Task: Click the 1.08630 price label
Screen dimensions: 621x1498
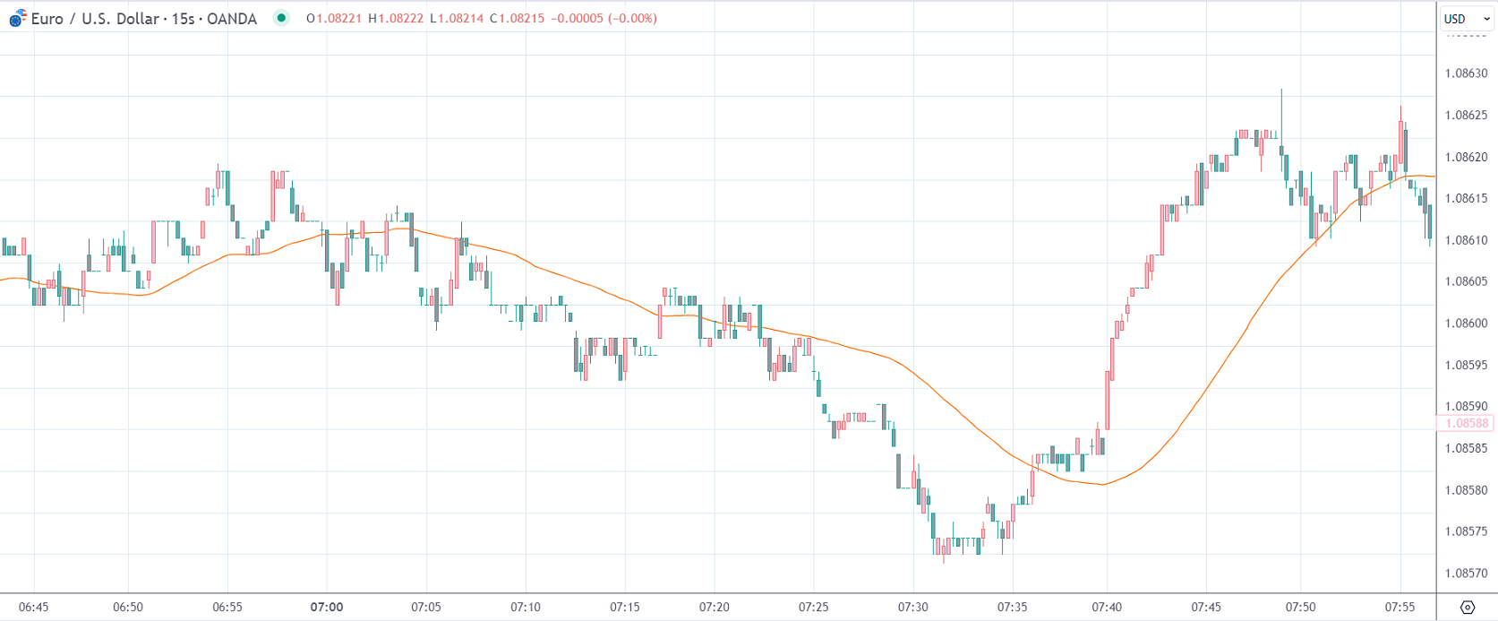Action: click(1466, 73)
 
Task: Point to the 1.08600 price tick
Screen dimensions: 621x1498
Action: click(1466, 323)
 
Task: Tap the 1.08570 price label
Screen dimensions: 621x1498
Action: click(1466, 574)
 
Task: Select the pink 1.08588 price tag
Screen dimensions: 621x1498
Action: click(1467, 424)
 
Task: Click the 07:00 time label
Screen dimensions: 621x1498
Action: click(327, 608)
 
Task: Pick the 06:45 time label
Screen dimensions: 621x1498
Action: click(33, 608)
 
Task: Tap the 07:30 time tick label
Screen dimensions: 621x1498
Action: click(913, 608)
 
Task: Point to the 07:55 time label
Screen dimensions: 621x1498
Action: click(1400, 608)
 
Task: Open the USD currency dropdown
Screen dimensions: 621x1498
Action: click(1466, 19)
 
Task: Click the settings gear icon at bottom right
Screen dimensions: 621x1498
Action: click(1467, 608)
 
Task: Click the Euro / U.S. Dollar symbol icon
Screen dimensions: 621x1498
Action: click(17, 18)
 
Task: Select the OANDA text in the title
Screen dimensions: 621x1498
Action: click(231, 19)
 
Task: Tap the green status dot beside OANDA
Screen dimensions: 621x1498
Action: click(281, 18)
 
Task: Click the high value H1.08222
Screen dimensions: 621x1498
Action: click(396, 19)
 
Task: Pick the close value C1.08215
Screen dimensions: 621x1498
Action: click(517, 19)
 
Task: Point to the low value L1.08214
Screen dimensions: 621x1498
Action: click(457, 19)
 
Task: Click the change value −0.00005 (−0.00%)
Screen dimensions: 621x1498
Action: click(604, 19)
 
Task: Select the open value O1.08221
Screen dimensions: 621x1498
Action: click(334, 19)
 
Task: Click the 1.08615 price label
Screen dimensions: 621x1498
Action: click(1466, 199)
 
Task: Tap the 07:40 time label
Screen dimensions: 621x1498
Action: click(1107, 608)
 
